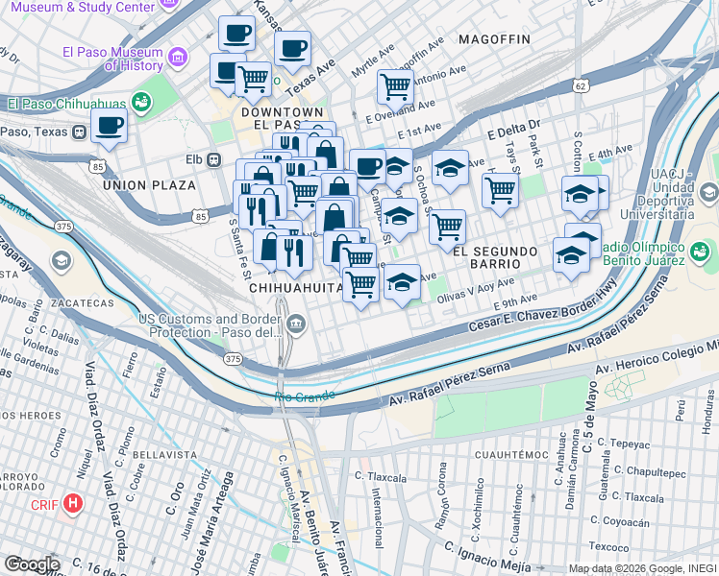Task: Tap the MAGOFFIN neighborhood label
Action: [x=494, y=39]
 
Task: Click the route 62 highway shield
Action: [x=579, y=86]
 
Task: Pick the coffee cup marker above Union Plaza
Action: [x=109, y=125]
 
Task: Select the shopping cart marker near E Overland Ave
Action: [x=394, y=86]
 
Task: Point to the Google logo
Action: [x=31, y=564]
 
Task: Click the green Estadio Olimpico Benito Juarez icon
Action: [x=699, y=253]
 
